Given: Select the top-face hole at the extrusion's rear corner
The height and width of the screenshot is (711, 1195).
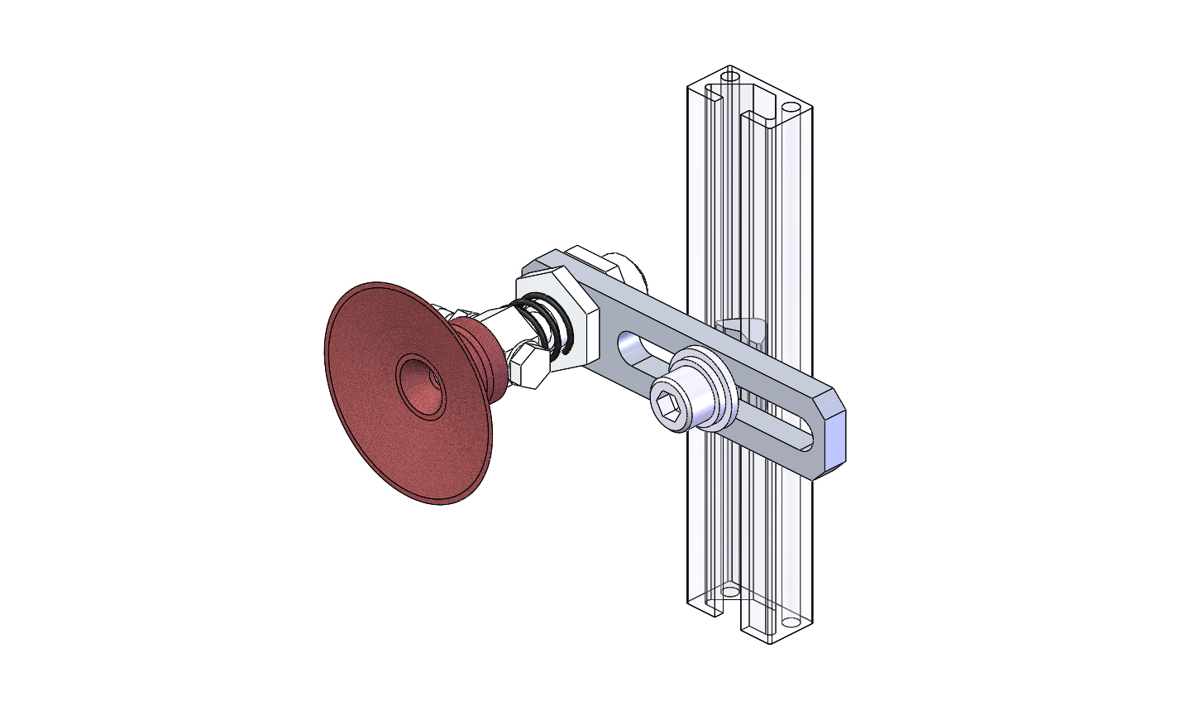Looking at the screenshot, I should click(729, 76).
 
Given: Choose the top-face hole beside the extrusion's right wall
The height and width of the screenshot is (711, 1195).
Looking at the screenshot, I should click(789, 108).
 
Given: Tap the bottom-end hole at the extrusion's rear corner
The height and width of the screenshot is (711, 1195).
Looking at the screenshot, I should click(729, 592).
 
